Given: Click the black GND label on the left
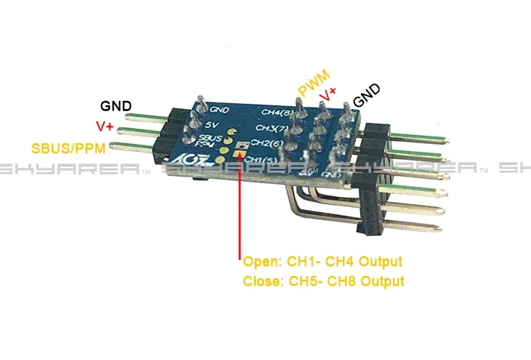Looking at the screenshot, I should (x=116, y=105).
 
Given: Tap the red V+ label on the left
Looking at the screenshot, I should (x=105, y=125).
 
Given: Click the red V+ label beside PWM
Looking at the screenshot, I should (x=329, y=93).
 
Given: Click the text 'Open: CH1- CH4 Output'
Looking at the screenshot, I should (x=322, y=262).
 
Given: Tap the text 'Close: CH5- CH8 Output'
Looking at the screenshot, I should (x=323, y=281).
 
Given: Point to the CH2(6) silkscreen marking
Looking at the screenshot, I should (x=265, y=142).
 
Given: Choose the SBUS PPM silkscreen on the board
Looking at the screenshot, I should (x=208, y=140).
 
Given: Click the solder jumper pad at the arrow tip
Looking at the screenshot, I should (x=240, y=152).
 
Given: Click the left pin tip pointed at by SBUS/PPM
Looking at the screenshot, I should (x=116, y=146).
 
